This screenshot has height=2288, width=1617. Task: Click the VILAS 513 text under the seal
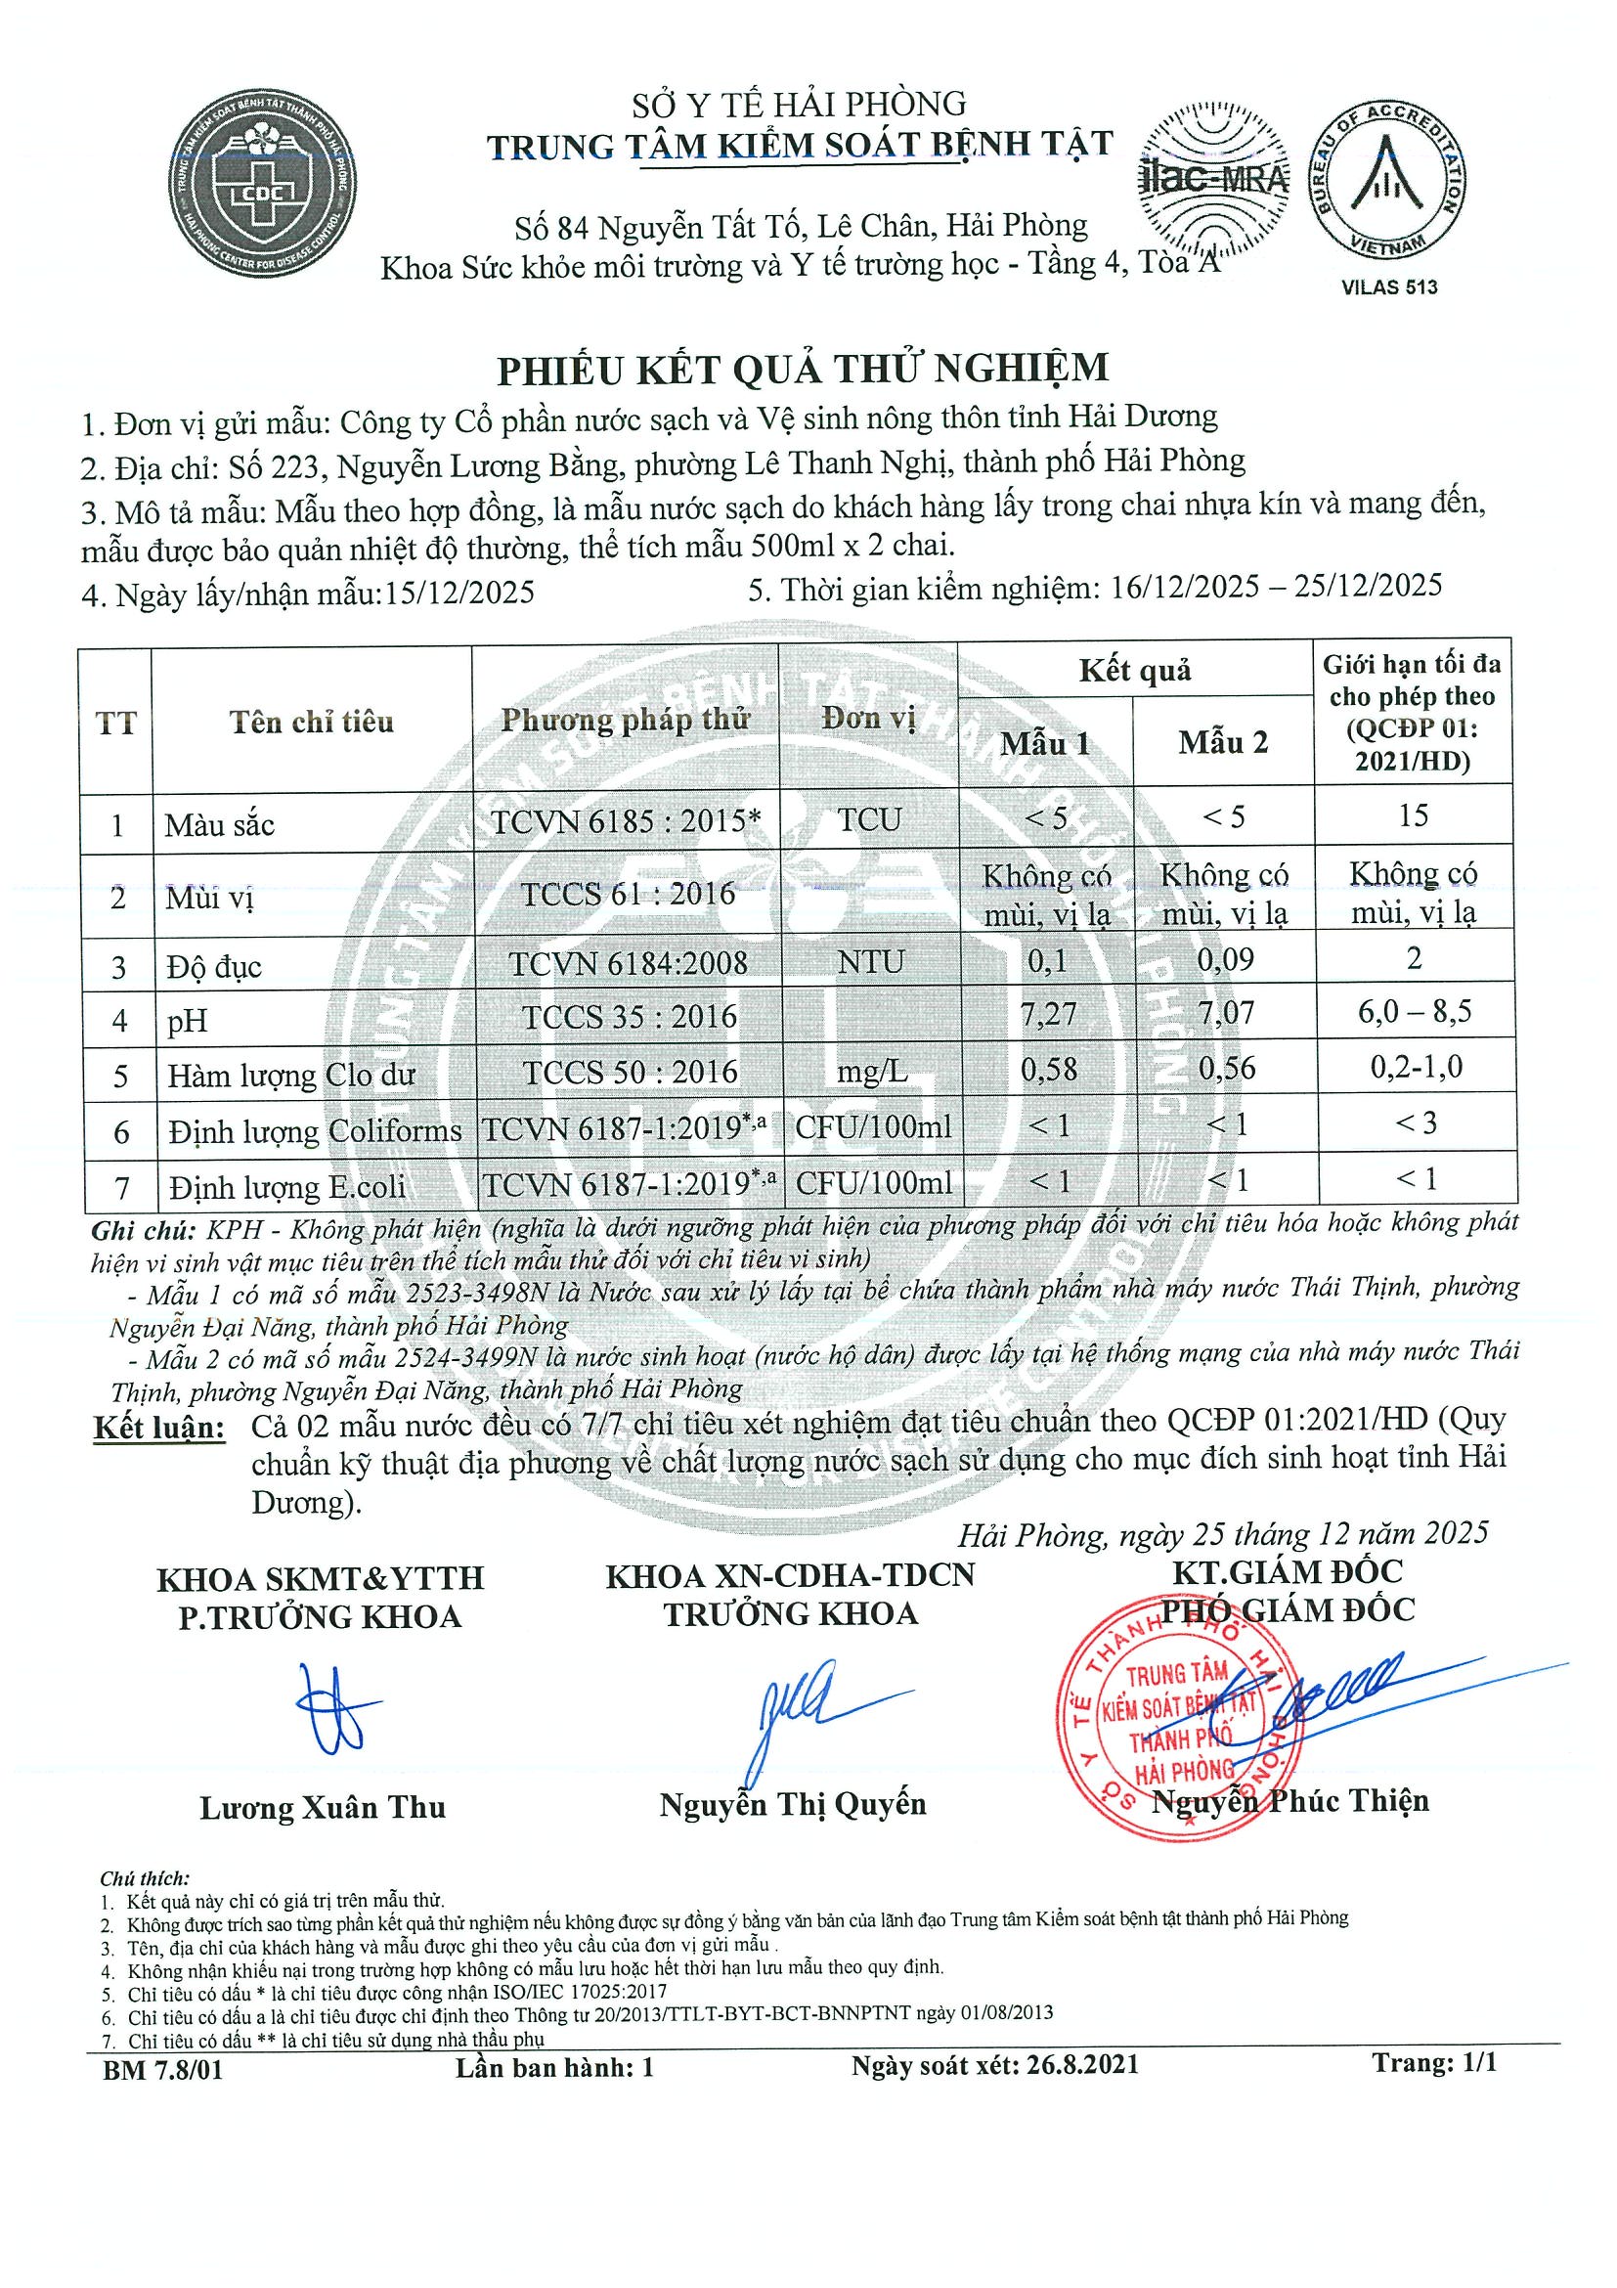(1390, 288)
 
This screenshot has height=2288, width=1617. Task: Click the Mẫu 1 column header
(1045, 743)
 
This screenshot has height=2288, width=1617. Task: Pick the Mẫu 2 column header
(1223, 742)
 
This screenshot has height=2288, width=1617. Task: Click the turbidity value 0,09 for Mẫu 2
(1224, 960)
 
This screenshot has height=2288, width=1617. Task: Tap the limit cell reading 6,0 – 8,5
(1414, 1012)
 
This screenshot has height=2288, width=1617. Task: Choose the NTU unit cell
(871, 963)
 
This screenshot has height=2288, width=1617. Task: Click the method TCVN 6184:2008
(628, 964)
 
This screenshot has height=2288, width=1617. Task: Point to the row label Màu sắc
(219, 825)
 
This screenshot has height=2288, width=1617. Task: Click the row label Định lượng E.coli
(287, 1187)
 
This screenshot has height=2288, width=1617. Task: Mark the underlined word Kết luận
(159, 1427)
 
